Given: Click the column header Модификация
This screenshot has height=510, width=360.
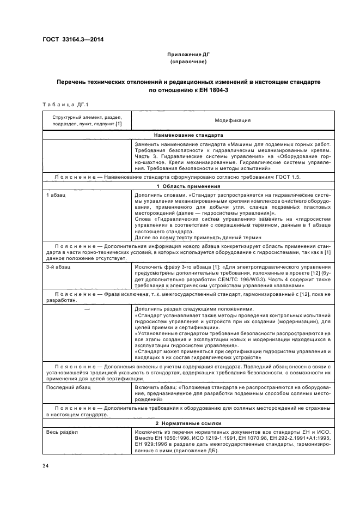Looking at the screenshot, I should click(x=233, y=120).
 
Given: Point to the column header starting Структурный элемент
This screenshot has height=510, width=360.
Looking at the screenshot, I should click(x=87, y=120).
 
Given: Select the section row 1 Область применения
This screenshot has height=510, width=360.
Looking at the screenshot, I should click(x=189, y=186).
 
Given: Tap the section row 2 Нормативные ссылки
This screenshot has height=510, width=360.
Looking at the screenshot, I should click(x=189, y=423).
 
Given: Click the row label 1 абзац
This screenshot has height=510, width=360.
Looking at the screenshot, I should click(x=57, y=195).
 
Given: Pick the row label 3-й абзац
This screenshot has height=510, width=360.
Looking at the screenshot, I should click(x=58, y=267).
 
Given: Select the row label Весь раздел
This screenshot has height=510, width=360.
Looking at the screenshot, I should click(x=63, y=431).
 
